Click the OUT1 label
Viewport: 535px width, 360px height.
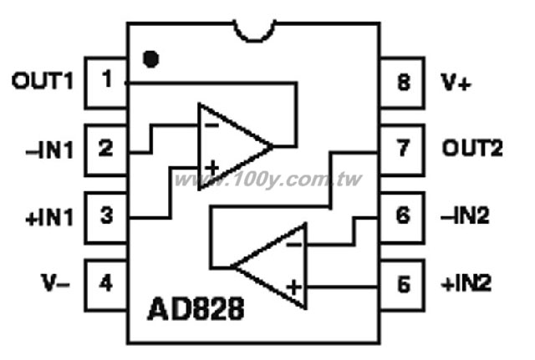[x=43, y=81]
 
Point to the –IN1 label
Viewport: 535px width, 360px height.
[x=50, y=150]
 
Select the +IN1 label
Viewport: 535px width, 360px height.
[x=50, y=217]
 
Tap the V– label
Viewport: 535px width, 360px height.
[x=55, y=282]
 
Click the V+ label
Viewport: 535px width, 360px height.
[x=456, y=82]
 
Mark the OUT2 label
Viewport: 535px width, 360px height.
[x=472, y=149]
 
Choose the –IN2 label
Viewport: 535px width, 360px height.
[x=465, y=215]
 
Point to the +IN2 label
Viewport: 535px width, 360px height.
[x=466, y=283]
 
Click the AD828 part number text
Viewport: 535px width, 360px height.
[x=196, y=308]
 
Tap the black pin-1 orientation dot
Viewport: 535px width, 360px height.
[x=150, y=59]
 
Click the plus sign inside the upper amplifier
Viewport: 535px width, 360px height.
[x=212, y=169]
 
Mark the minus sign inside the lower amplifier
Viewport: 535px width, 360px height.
[x=293, y=245]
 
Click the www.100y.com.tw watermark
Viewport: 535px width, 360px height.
[x=267, y=180]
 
